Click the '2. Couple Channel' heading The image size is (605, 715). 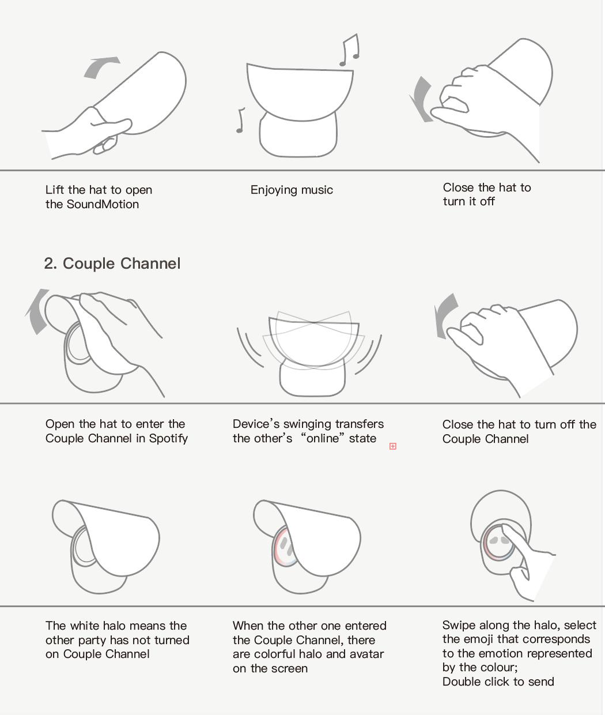click(112, 264)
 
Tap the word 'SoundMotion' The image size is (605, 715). click(103, 204)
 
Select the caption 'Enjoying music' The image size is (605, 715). click(292, 190)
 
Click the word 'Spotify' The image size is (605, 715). click(168, 439)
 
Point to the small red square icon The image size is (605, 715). click(393, 446)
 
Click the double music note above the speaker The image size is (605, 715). click(350, 50)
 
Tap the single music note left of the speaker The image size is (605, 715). click(241, 120)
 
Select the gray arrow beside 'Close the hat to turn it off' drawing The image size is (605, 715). click(420, 99)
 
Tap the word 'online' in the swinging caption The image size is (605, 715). click(323, 438)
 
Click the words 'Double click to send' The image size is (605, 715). click(498, 682)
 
